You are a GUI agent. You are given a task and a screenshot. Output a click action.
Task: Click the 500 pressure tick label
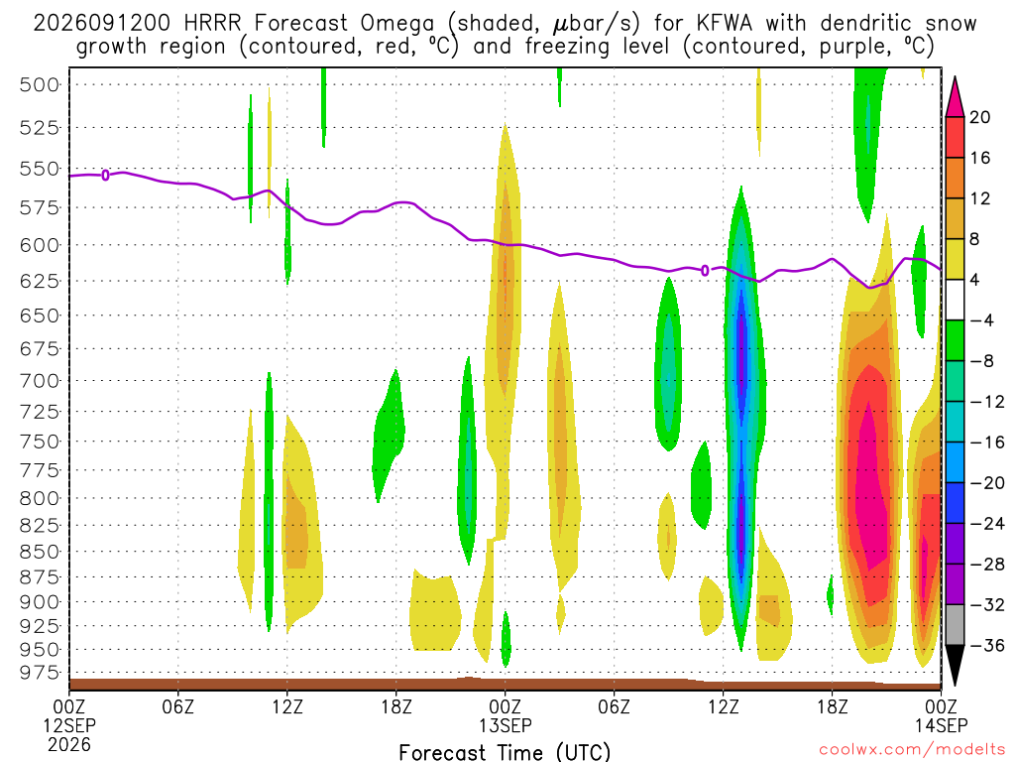pyautogui.click(x=40, y=85)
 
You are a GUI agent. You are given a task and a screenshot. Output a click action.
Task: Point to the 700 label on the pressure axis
pyautogui.click(x=40, y=380)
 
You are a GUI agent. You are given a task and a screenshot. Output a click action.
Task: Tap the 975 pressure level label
pyautogui.click(x=40, y=673)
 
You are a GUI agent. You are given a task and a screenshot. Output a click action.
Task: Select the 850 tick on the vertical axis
pyautogui.click(x=40, y=552)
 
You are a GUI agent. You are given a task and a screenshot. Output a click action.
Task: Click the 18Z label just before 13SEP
pyautogui.click(x=396, y=705)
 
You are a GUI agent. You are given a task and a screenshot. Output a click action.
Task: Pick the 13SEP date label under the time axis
pyautogui.click(x=505, y=725)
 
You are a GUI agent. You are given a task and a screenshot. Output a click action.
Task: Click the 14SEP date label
pyautogui.click(x=941, y=725)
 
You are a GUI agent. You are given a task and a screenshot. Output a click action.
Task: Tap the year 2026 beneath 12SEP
pyautogui.click(x=69, y=744)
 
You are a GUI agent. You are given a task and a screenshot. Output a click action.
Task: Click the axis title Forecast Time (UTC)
pyautogui.click(x=505, y=752)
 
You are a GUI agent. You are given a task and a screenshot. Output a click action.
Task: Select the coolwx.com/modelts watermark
pyautogui.click(x=912, y=750)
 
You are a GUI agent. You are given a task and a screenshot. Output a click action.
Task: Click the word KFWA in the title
pyautogui.click(x=725, y=24)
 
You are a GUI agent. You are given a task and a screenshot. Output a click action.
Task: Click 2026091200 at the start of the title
pyautogui.click(x=102, y=24)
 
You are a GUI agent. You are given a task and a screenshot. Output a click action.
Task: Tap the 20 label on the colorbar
pyautogui.click(x=979, y=117)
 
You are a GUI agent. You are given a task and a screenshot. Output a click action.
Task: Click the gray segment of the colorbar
pyautogui.click(x=955, y=625)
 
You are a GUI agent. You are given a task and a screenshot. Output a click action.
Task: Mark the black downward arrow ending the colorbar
pyautogui.click(x=955, y=662)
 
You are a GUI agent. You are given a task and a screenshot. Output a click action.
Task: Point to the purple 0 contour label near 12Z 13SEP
pyautogui.click(x=705, y=270)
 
